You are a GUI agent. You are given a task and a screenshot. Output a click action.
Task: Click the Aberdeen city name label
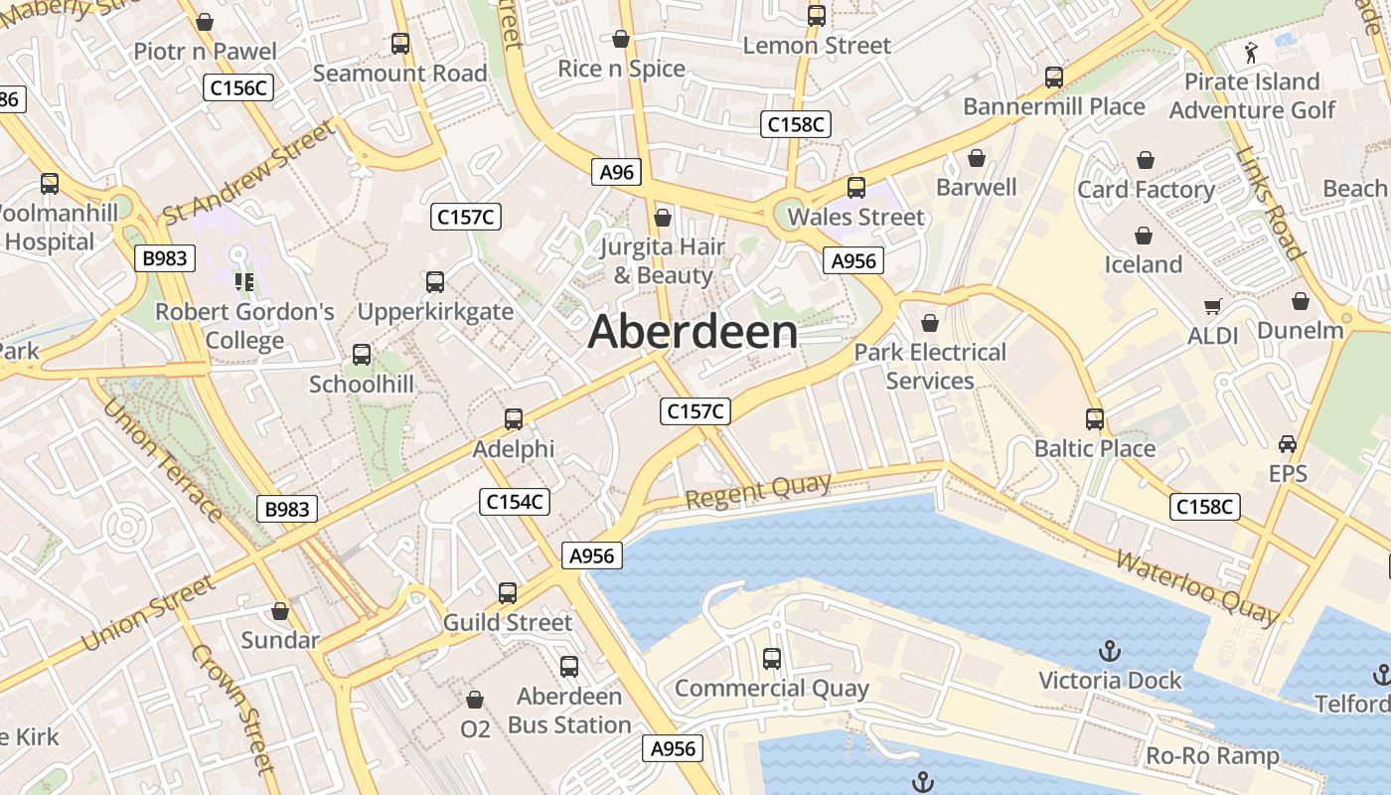pos(693,332)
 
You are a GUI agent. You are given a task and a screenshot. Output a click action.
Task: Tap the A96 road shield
pos(616,172)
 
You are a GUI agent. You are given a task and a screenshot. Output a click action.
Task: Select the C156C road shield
pos(239,87)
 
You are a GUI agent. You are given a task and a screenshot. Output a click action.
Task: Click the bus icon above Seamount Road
pos(400,44)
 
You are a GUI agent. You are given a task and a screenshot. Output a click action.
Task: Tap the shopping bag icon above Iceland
pos(1144,236)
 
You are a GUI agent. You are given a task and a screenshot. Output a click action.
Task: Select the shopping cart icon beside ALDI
pos(1212,307)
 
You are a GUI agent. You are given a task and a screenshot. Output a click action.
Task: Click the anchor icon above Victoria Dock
pos(1109,652)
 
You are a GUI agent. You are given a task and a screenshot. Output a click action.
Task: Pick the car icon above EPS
pos(1288,444)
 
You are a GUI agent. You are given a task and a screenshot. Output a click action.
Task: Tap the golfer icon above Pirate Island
pos(1251,52)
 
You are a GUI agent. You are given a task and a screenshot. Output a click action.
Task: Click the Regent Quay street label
pos(758,491)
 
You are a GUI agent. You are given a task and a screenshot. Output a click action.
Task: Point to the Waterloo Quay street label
pos(1196,587)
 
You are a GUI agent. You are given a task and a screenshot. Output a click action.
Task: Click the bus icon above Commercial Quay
pos(772,658)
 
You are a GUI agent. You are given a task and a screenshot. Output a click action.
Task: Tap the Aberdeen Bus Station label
pos(569,711)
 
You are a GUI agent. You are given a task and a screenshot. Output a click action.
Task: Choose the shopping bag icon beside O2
pos(475,700)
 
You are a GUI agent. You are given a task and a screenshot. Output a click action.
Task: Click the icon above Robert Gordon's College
pos(244,282)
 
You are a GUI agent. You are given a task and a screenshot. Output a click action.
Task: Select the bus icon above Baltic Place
pos(1095,419)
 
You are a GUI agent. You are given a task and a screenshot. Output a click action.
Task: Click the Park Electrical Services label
pos(930,367)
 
